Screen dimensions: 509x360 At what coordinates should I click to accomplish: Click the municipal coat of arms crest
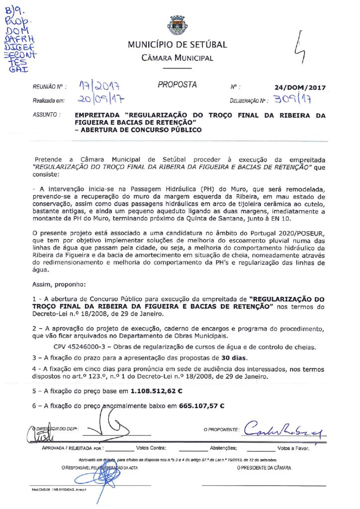177,25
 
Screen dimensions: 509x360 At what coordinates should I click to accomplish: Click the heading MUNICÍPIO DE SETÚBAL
177,45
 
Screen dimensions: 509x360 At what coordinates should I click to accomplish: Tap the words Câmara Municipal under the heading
177,58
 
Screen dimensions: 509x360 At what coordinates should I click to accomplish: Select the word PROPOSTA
177,85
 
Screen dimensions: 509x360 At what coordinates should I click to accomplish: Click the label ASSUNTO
46,115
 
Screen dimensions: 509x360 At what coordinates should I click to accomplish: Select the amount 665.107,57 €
202,406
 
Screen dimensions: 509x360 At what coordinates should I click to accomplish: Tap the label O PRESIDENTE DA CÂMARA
264,468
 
